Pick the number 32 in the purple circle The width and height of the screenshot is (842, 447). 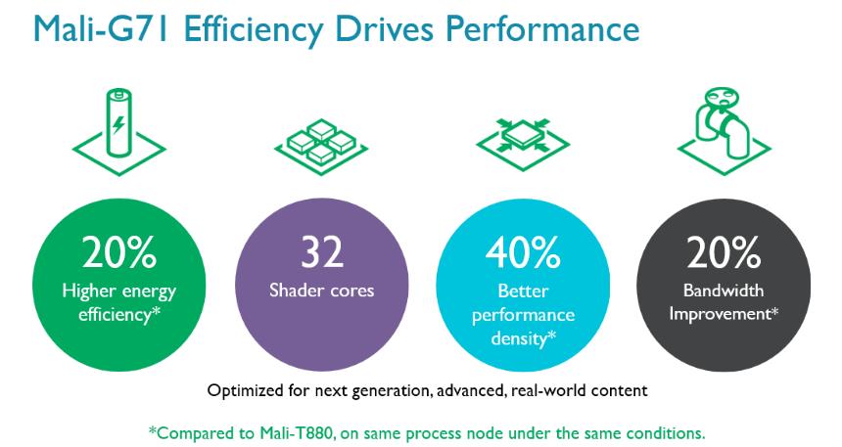[x=322, y=253]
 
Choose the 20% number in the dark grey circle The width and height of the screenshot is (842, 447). [x=723, y=253]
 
